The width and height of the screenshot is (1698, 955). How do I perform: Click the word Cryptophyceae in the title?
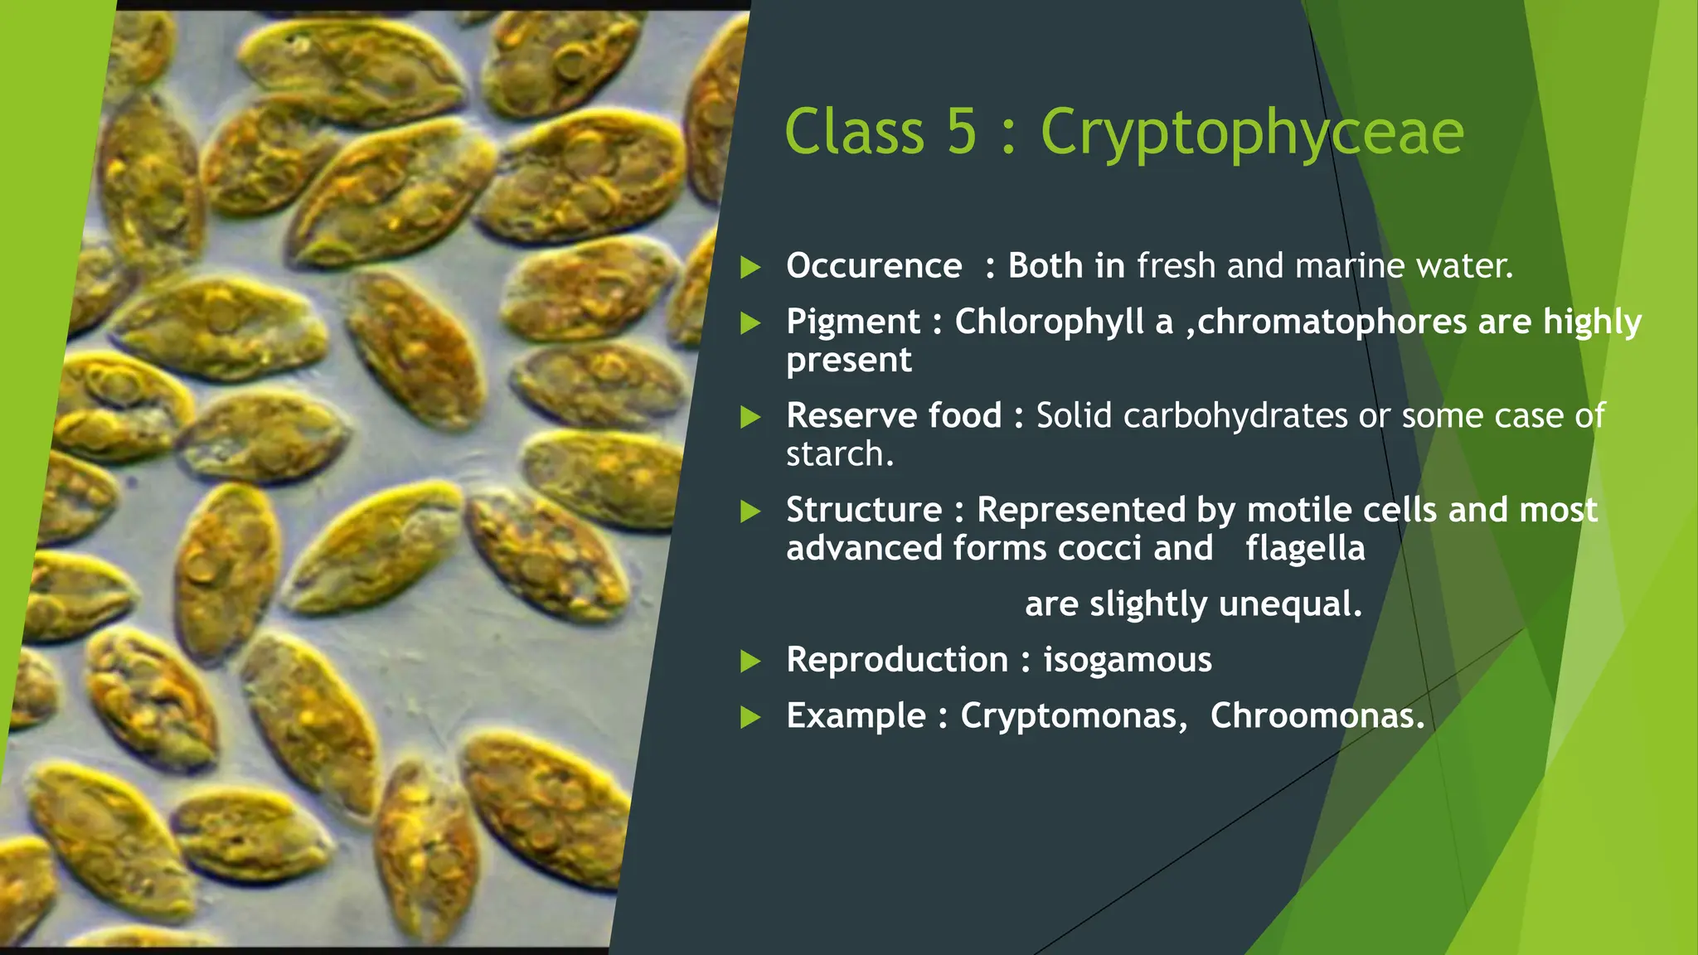click(x=1251, y=133)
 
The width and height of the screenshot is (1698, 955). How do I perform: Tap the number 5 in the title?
click(x=961, y=133)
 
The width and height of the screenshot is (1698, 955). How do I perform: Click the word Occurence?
click(x=874, y=266)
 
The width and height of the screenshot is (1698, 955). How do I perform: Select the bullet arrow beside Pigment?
click(x=750, y=322)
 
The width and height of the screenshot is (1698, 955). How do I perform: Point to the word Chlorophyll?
click(x=1049, y=322)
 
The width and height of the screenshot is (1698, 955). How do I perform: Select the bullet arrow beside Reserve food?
click(x=750, y=416)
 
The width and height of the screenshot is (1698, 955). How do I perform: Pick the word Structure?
click(x=864, y=510)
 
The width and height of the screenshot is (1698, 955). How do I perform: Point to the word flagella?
click(x=1305, y=548)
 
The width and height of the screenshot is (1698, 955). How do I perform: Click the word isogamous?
click(x=1127, y=660)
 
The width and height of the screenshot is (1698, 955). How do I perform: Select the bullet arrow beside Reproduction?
click(x=750, y=661)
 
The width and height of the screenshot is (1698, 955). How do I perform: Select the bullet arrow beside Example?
click(x=750, y=717)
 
